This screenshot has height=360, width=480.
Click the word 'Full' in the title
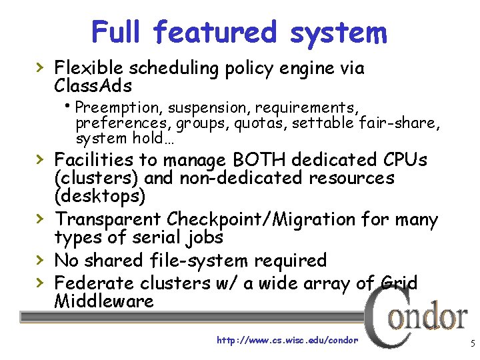pos(117,31)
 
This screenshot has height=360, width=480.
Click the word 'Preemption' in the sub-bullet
pos(119,107)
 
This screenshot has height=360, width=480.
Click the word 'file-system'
pos(217,260)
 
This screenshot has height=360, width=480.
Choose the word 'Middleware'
pos(103,301)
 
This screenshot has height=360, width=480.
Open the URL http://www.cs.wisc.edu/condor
pos(287,340)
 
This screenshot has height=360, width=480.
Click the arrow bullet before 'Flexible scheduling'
pos(41,67)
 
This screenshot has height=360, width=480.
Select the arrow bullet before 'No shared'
pos(41,259)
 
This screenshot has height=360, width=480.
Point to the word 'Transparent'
pos(108,219)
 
